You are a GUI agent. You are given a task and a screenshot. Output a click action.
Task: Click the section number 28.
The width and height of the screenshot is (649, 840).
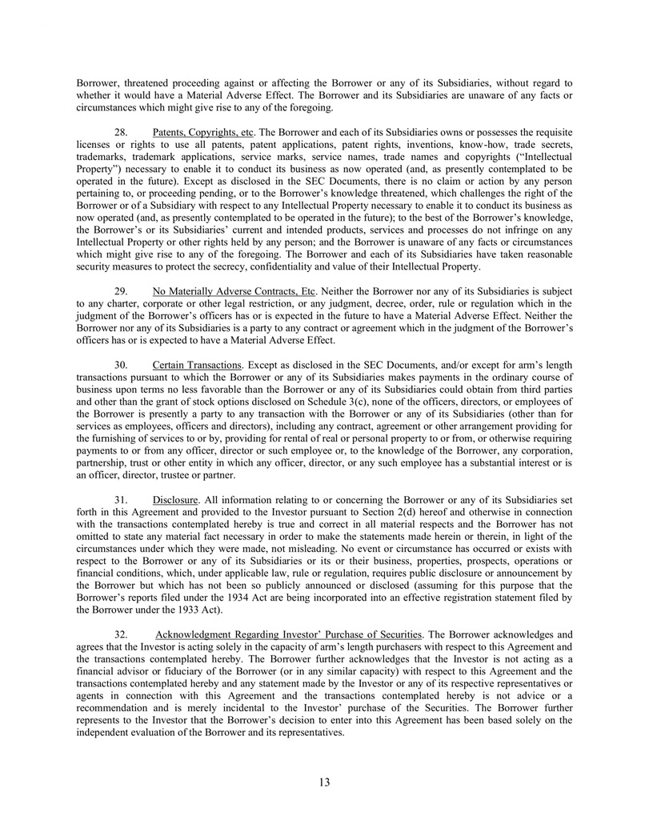[x=124, y=130]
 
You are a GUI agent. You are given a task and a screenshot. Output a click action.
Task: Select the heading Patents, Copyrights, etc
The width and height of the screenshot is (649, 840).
[x=202, y=130]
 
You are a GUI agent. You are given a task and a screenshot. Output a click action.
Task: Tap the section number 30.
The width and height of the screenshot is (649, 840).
[x=124, y=366]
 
